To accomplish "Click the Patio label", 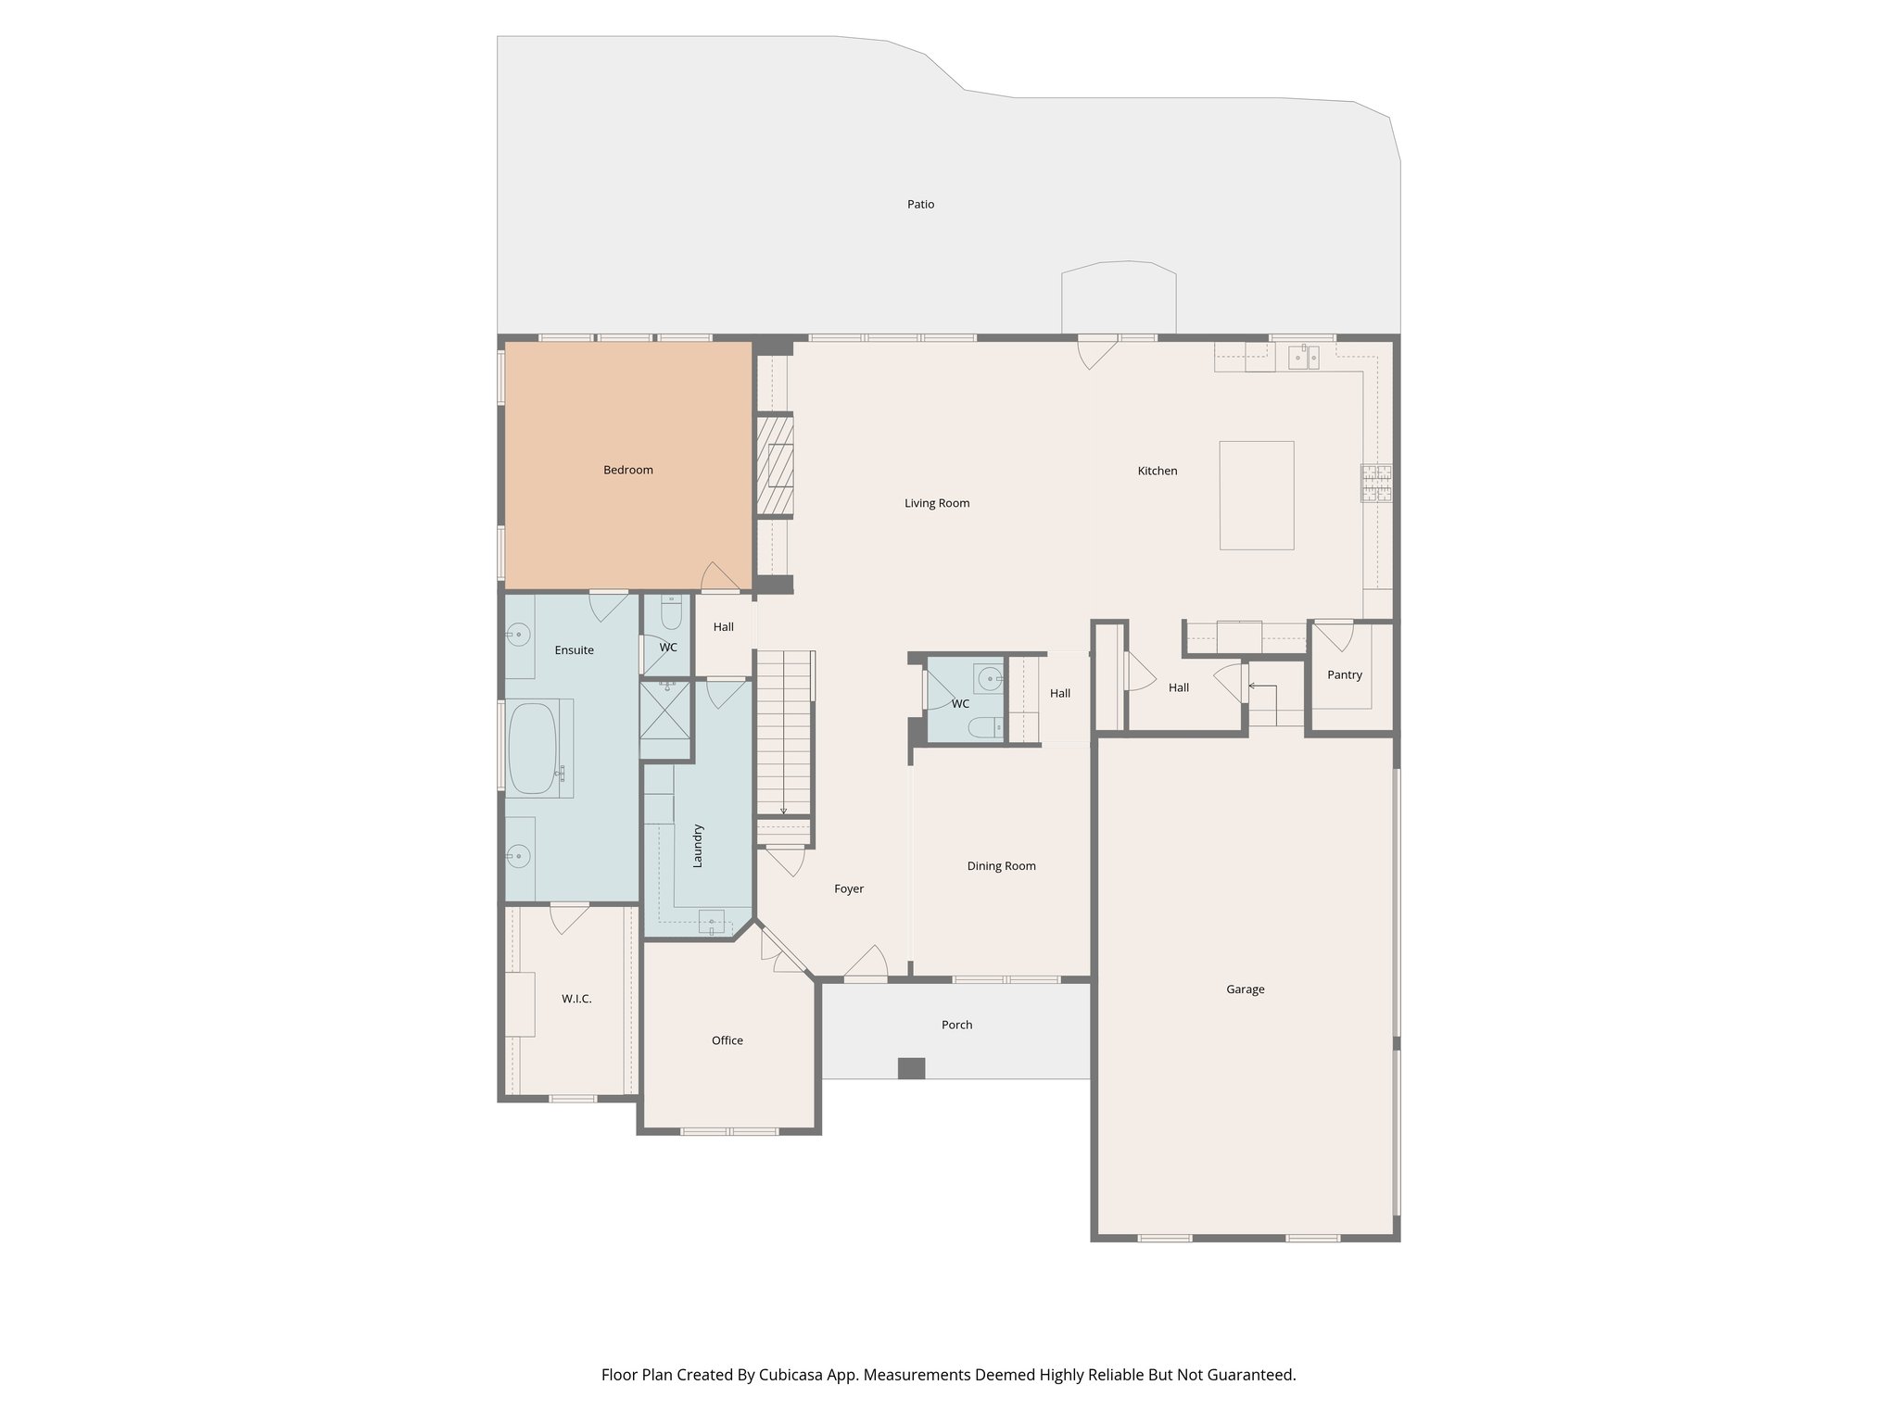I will [920, 205].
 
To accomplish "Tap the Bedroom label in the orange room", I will [628, 471].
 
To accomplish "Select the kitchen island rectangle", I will [1256, 496].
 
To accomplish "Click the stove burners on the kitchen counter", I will [1376, 483].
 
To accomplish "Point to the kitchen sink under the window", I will [1306, 355].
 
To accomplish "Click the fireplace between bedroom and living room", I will [777, 466].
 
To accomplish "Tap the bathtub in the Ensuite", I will [532, 749].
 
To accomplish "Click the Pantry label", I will [1344, 675].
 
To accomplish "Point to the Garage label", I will [1245, 989].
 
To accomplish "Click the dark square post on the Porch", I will [911, 1068].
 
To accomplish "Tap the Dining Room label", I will [1001, 866].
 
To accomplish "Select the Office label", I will [728, 1040].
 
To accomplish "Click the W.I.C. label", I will [576, 999].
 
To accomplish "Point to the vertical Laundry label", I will [698, 845].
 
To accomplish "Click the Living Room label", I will [937, 504].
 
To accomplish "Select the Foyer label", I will [848, 889].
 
